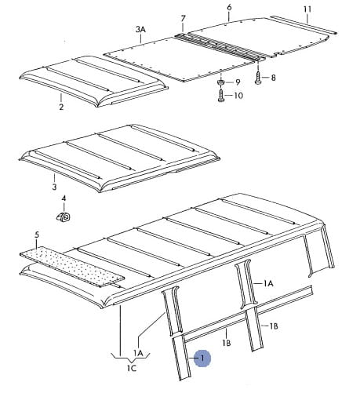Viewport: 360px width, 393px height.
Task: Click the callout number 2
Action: click(x=61, y=107)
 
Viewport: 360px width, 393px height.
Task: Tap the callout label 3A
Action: click(x=140, y=29)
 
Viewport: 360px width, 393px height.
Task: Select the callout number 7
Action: click(x=183, y=19)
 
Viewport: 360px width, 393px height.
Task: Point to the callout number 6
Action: click(x=229, y=7)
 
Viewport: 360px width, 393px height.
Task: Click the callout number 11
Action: click(x=307, y=9)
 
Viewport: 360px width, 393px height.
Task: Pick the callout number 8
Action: click(x=273, y=78)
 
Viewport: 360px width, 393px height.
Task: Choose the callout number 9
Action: click(x=238, y=82)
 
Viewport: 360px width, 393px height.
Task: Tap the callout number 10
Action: click(x=238, y=96)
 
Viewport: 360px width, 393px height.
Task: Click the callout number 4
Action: click(x=64, y=198)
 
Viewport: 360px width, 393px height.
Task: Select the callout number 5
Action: click(x=37, y=235)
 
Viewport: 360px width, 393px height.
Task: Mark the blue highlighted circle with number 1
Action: click(x=202, y=358)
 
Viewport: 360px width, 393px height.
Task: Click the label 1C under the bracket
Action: click(x=132, y=368)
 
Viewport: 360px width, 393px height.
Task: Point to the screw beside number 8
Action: click(x=258, y=77)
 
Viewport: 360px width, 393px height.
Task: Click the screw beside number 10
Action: click(x=221, y=95)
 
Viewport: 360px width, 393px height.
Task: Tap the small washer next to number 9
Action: click(x=221, y=82)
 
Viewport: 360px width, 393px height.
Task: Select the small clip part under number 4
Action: click(x=64, y=217)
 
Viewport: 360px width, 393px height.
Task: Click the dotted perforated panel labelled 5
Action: click(x=71, y=266)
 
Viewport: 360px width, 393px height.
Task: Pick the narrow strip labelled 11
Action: click(x=304, y=24)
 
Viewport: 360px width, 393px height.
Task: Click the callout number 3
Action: click(x=54, y=187)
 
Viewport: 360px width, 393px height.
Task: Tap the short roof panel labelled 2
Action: click(x=93, y=81)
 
